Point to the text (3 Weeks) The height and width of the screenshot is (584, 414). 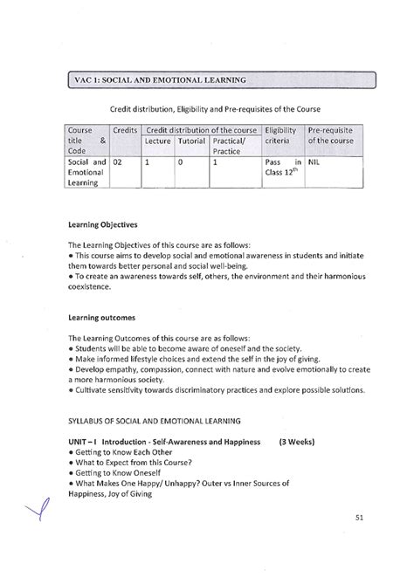pos(297,442)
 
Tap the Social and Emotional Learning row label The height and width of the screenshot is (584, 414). pos(86,172)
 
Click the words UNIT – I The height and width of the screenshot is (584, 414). pos(81,442)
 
